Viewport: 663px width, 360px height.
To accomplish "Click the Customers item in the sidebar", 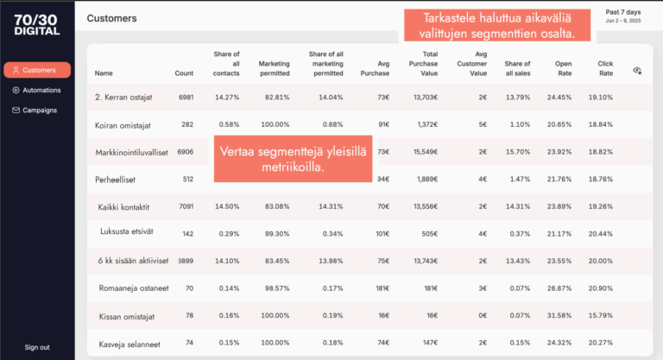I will pyautogui.click(x=37, y=70).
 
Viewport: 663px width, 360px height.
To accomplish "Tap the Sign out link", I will pyautogui.click(x=37, y=347).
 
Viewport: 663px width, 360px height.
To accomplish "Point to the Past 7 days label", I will pyautogui.click(x=623, y=12).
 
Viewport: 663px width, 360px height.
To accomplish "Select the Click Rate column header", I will pyautogui.click(x=605, y=68).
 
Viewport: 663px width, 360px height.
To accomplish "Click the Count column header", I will pyautogui.click(x=184, y=73).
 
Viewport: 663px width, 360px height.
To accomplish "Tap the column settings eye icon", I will pyautogui.click(x=637, y=70).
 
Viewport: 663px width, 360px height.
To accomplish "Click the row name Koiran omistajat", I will pyautogui.click(x=120, y=125).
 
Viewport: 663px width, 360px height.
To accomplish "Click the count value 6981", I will pyautogui.click(x=186, y=98).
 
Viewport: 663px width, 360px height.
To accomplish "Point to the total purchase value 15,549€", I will pyautogui.click(x=425, y=152).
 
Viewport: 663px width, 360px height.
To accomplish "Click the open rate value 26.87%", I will pyautogui.click(x=559, y=287).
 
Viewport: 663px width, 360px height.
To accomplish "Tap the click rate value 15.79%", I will pyautogui.click(x=600, y=315).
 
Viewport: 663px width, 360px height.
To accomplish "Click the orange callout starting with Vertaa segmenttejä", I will pyautogui.click(x=292, y=159).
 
